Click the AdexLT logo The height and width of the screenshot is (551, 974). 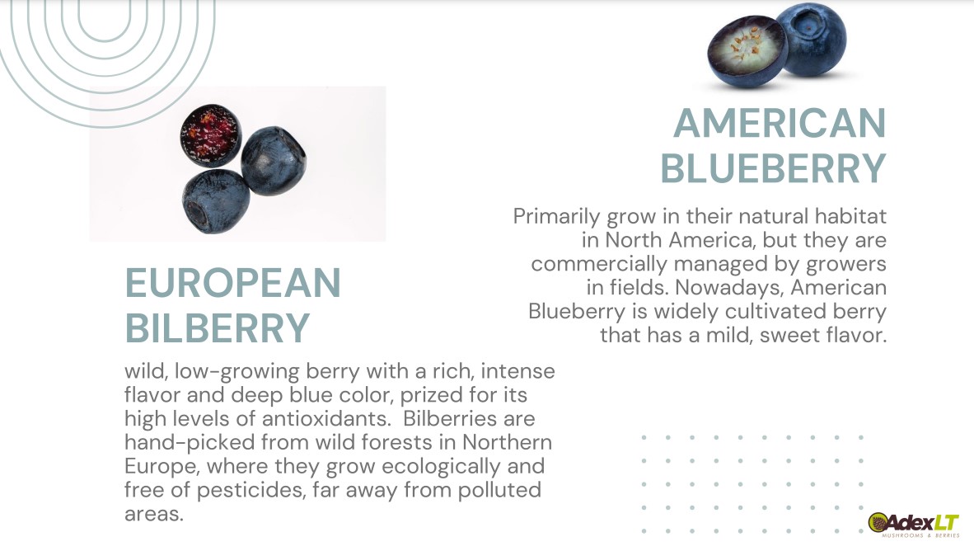click(914, 525)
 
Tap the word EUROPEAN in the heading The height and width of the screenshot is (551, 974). click(233, 283)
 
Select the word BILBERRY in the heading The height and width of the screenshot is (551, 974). click(218, 327)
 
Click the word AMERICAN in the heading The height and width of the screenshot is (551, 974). click(780, 123)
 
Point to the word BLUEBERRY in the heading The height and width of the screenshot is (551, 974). click(773, 168)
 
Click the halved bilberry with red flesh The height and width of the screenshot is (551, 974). click(211, 135)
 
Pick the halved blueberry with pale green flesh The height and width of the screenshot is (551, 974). click(748, 52)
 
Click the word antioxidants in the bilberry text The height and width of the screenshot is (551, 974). click(327, 418)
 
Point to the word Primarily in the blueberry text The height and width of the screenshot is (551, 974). click(556, 217)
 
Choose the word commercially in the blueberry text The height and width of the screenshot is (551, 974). click(599, 264)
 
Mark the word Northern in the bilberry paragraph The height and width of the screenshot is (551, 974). click(507, 442)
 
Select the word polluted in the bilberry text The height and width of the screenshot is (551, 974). click(499, 490)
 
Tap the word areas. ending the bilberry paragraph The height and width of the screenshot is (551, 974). click(154, 515)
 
